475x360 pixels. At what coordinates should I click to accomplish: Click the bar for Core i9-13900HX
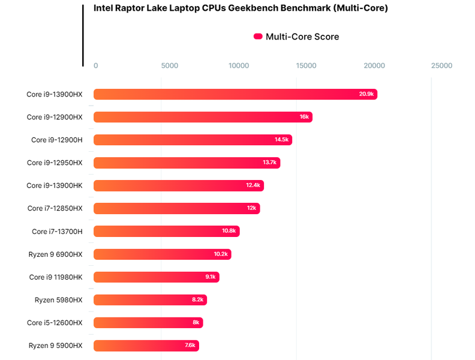click(x=234, y=94)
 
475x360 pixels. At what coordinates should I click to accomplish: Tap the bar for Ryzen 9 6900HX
click(x=162, y=254)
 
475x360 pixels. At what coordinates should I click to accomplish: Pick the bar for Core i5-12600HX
click(x=148, y=323)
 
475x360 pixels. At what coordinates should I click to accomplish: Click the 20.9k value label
click(x=366, y=94)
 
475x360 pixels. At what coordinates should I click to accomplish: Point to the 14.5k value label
click(x=282, y=140)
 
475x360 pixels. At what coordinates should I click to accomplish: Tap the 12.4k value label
click(x=253, y=185)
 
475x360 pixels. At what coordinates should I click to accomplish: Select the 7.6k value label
click(x=190, y=346)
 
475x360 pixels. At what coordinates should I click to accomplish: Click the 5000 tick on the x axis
click(x=170, y=65)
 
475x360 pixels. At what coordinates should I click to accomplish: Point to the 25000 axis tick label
click(x=442, y=65)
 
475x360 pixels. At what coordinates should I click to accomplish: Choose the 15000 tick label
click(x=306, y=65)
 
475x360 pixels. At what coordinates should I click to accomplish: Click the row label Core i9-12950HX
click(x=55, y=163)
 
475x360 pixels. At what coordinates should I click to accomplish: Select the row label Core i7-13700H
click(x=57, y=232)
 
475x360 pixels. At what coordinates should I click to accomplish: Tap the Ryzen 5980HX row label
click(x=58, y=300)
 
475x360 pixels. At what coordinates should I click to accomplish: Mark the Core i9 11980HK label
click(x=56, y=277)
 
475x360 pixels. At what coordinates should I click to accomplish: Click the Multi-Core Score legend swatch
click(x=258, y=37)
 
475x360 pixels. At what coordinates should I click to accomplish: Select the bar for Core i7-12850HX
click(x=176, y=208)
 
